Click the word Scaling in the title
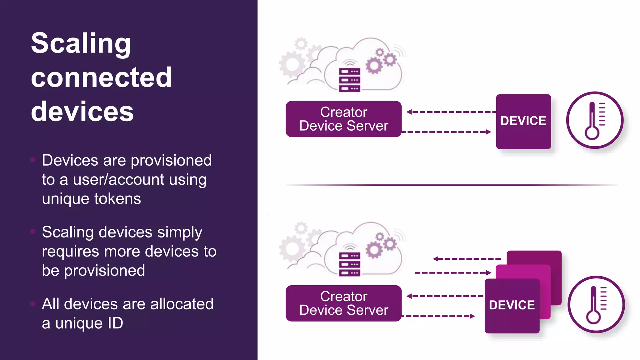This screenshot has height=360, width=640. click(x=81, y=44)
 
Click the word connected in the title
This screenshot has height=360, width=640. click(x=101, y=77)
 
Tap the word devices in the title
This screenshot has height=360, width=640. click(x=82, y=112)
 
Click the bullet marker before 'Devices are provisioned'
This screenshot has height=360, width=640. click(x=33, y=160)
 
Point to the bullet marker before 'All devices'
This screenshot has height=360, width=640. click(x=33, y=303)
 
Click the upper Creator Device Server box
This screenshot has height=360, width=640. click(x=343, y=119)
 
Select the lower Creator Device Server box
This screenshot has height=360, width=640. click(x=343, y=303)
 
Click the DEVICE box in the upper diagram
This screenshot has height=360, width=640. click(x=523, y=122)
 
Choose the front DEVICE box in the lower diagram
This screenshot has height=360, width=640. click(x=512, y=306)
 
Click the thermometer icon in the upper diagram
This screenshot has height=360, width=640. click(x=595, y=120)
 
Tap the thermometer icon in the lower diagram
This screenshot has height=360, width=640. click(x=596, y=304)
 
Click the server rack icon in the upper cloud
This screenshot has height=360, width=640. click(x=349, y=80)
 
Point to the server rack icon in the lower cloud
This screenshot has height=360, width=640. click(x=349, y=264)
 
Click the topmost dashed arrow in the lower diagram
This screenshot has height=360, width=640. click(x=467, y=259)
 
